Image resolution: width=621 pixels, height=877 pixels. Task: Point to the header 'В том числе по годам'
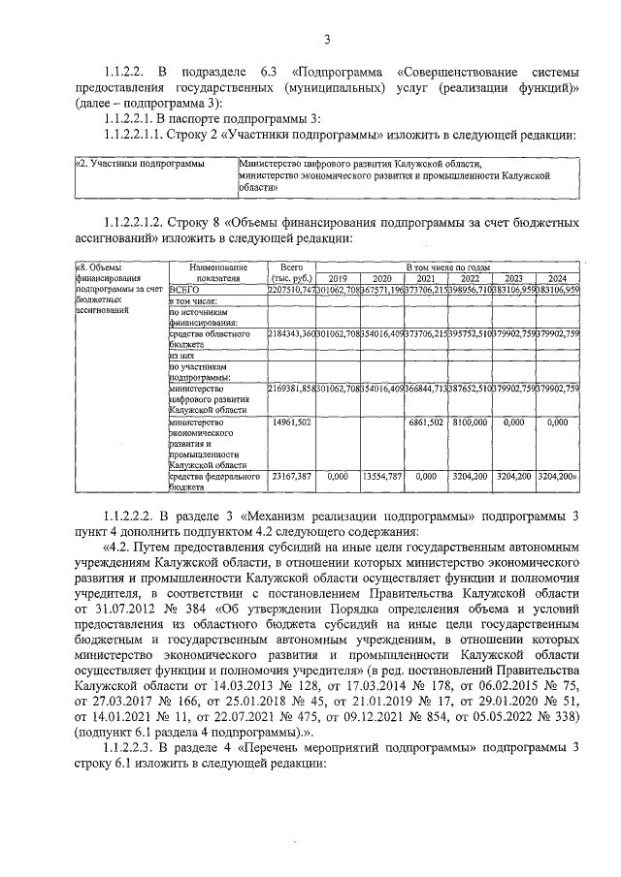tap(446, 266)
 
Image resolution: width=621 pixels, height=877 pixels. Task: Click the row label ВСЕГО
tap(184, 289)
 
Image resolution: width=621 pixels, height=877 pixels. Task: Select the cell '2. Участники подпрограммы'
tap(140, 165)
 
